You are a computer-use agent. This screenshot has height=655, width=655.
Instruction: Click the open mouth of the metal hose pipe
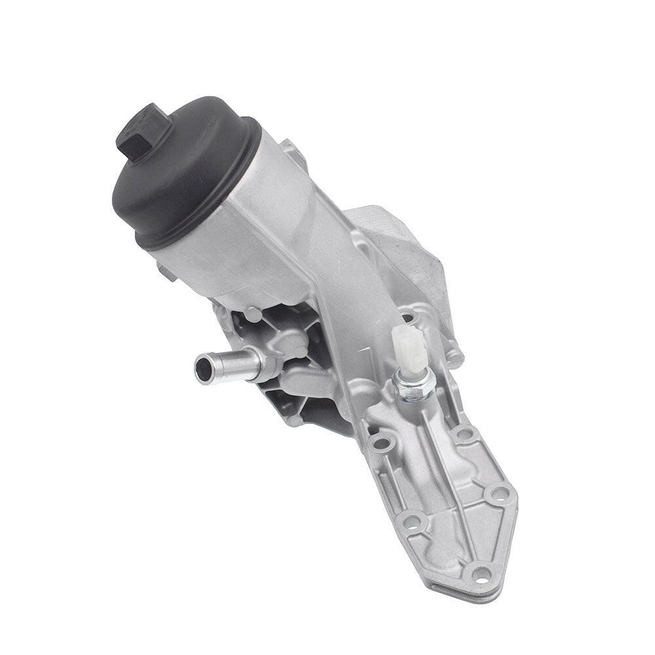[x=204, y=369]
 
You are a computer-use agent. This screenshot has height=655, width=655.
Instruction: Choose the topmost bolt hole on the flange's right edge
[x=464, y=433]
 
